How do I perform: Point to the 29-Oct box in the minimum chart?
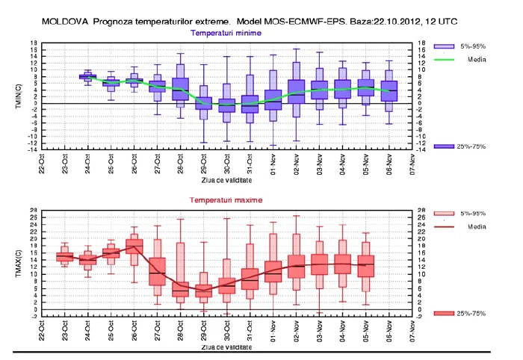(x=203, y=103)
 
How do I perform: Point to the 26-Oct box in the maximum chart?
(x=134, y=244)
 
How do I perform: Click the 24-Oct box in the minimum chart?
(x=87, y=76)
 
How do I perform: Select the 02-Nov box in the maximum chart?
(x=297, y=266)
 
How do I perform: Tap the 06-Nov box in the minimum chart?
(x=389, y=90)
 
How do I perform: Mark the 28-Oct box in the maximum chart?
(x=180, y=289)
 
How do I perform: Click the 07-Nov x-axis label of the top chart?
(x=412, y=163)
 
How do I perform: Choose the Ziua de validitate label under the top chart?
(x=226, y=180)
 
